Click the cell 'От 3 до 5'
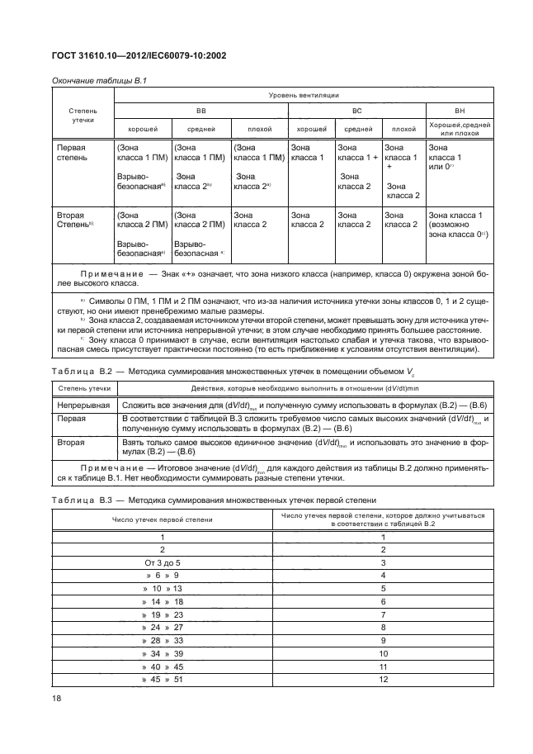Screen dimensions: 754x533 [x=163, y=562]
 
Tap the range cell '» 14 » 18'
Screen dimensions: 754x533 [x=163, y=602]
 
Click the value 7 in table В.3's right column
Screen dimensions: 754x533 [x=383, y=615]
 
